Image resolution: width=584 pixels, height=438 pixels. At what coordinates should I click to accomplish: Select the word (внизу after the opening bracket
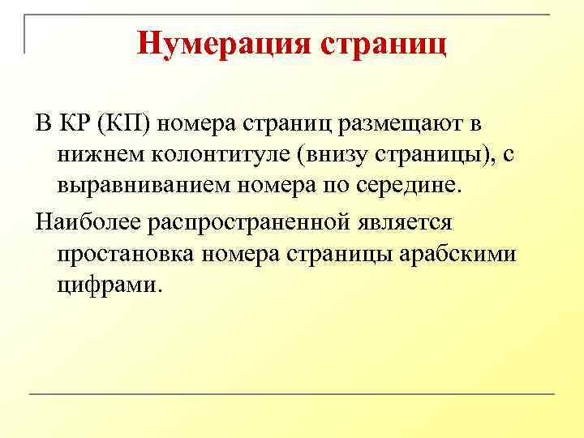tap(336, 154)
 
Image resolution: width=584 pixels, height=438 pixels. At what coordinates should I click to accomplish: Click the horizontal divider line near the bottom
tap(292, 394)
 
